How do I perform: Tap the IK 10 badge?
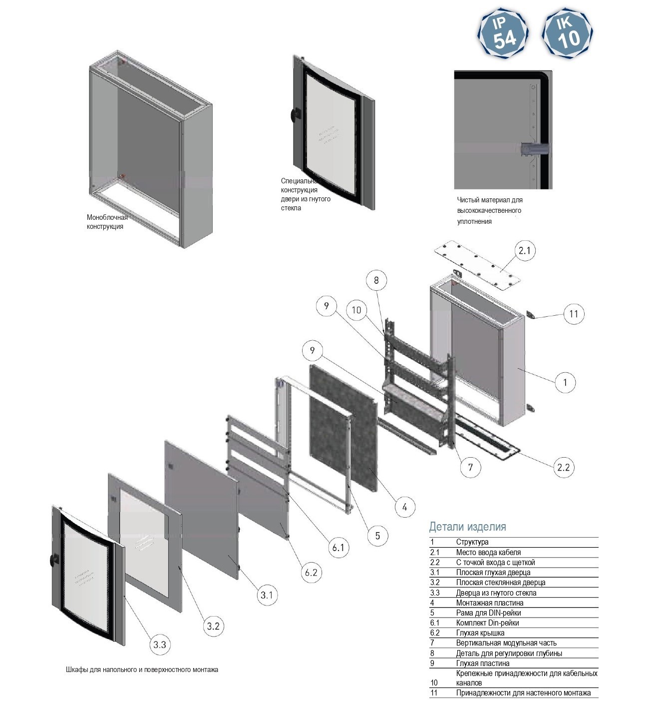click(567, 33)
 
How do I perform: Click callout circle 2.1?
click(524, 250)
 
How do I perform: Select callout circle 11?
click(574, 314)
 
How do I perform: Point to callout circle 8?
click(376, 280)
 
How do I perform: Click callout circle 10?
click(356, 310)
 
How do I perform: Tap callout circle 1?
click(565, 382)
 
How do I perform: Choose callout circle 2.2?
click(563, 467)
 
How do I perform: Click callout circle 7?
click(470, 467)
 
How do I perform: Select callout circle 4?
click(404, 507)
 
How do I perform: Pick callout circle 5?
click(377, 536)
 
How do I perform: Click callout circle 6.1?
click(338, 547)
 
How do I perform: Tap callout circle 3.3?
click(159, 645)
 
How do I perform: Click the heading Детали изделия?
click(467, 527)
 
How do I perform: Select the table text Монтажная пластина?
click(490, 603)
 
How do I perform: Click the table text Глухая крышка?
click(480, 633)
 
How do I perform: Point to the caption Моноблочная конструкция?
click(107, 222)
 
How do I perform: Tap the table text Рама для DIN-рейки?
click(489, 613)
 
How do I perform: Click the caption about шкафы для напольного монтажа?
click(142, 670)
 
